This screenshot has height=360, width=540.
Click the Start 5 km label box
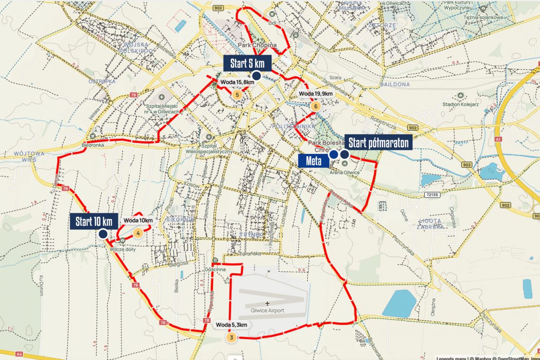(247, 63)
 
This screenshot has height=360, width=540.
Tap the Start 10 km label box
(94, 221)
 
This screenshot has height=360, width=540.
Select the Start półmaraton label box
(378, 142)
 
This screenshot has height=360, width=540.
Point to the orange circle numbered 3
(231, 337)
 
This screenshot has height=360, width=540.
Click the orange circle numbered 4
(138, 233)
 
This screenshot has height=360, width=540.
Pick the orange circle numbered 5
(238, 94)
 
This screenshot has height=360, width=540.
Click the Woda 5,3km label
(232, 325)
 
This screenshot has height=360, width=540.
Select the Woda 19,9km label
(316, 94)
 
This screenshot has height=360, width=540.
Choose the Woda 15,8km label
(237, 82)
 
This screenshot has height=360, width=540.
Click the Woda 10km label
(138, 220)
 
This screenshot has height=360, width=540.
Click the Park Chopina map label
(257, 45)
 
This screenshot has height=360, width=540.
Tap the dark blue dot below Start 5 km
(257, 76)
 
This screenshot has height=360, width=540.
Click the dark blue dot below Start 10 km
(103, 234)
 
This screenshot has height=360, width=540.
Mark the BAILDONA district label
(395, 84)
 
